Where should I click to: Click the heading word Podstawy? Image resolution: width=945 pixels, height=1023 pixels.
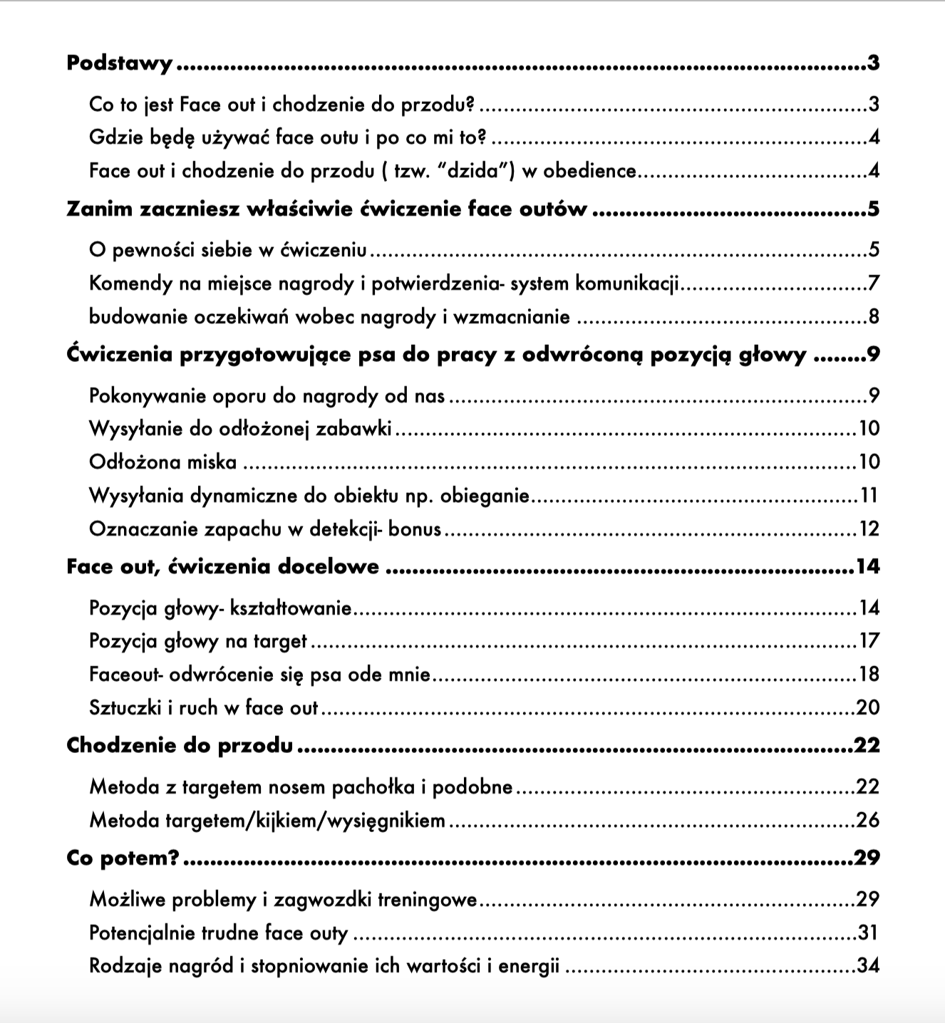coord(119,64)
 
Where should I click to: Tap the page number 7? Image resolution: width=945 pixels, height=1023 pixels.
coord(874,284)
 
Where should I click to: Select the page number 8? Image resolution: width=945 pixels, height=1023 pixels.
coord(874,317)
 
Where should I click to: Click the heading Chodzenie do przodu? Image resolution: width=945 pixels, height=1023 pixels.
coord(180,746)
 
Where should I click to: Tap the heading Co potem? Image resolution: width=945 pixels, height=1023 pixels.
coord(123,858)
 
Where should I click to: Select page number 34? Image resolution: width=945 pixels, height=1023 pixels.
coord(868,967)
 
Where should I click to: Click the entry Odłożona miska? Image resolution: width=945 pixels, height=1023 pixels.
coord(162,462)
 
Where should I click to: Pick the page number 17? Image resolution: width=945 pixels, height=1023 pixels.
coord(869,641)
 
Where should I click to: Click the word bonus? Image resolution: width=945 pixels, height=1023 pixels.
coord(415,529)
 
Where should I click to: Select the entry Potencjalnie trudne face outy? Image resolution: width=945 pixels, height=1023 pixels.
coord(218,933)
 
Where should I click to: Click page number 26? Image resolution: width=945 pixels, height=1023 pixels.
coord(868,821)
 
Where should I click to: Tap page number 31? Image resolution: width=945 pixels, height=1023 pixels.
coord(868,933)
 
